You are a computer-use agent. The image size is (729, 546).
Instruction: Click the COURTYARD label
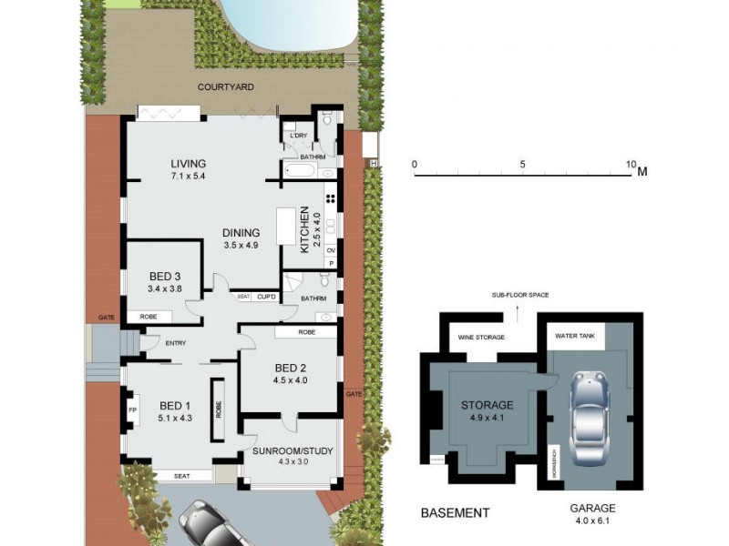tap(227, 87)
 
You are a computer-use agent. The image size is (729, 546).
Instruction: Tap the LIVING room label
tap(189, 164)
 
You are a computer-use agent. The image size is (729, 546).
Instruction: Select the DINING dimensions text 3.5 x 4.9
tap(241, 245)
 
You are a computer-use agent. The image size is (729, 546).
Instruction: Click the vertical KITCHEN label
tap(305, 229)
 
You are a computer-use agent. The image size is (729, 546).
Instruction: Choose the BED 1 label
tap(176, 406)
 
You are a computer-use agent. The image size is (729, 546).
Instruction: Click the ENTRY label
tap(176, 343)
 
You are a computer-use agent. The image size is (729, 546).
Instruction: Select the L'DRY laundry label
tap(298, 136)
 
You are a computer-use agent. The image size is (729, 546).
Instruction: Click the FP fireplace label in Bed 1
tap(132, 410)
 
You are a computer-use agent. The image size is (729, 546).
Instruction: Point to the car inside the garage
tap(589, 419)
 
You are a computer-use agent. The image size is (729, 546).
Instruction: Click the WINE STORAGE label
tap(477, 338)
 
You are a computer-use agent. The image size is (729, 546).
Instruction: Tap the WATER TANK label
tap(575, 336)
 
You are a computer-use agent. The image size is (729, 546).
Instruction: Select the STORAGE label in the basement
tap(487, 405)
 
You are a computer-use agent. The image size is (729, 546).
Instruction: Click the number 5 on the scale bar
tap(523, 165)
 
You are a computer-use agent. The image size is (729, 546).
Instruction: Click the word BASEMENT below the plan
tap(455, 513)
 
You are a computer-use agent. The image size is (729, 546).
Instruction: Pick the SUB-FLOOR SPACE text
tap(520, 295)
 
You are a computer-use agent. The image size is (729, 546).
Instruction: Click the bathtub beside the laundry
tap(301, 170)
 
